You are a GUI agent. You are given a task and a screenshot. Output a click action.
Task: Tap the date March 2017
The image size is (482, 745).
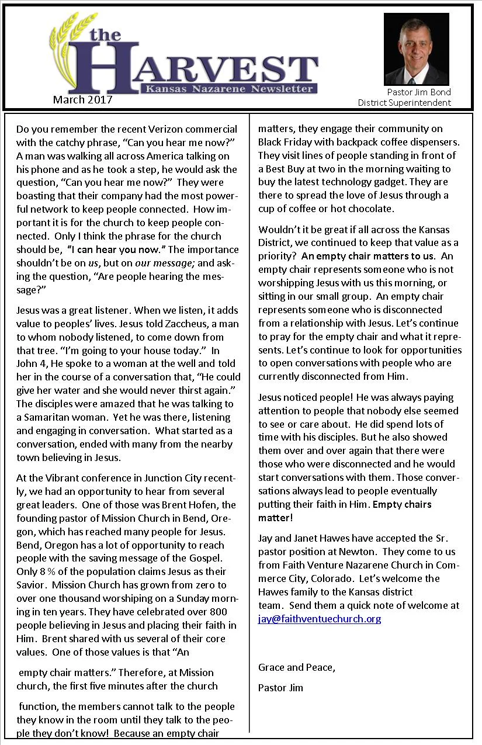[82, 99]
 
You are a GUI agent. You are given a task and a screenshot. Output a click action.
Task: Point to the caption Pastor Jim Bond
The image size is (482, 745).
[419, 92]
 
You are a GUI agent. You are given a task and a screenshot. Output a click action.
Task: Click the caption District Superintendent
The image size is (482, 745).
[404, 103]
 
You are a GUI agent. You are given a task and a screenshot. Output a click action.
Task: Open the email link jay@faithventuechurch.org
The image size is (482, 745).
[320, 619]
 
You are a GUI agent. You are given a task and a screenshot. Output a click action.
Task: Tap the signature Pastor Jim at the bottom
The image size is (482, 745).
[280, 687]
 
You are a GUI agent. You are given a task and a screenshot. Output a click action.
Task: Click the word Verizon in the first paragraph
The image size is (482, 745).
[141, 129]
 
